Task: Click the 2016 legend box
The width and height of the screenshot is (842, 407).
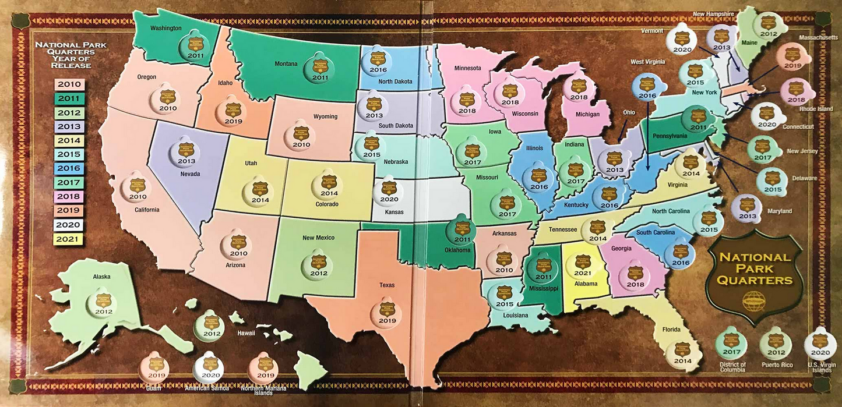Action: pos(69,169)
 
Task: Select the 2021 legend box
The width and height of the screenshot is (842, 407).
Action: pos(69,239)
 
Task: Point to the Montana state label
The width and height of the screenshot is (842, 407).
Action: pos(287,64)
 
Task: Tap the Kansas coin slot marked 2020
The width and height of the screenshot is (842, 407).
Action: pos(389,191)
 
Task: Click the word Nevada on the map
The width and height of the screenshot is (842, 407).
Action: pos(190,174)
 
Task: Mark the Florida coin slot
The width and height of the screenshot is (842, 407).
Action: pos(682,352)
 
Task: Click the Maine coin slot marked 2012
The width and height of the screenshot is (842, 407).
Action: pos(769,26)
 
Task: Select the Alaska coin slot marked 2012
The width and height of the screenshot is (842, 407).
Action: pos(100,303)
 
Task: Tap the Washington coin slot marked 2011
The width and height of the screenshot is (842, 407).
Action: pos(192,47)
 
